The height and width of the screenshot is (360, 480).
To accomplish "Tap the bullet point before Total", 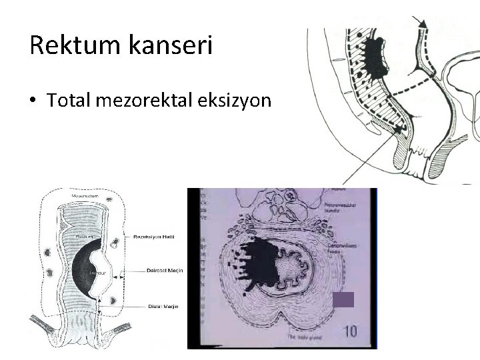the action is [x=33, y=100].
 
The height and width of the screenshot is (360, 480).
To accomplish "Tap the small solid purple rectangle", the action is [x=342, y=299].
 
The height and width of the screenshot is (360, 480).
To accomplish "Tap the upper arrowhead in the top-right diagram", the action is [x=421, y=23].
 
